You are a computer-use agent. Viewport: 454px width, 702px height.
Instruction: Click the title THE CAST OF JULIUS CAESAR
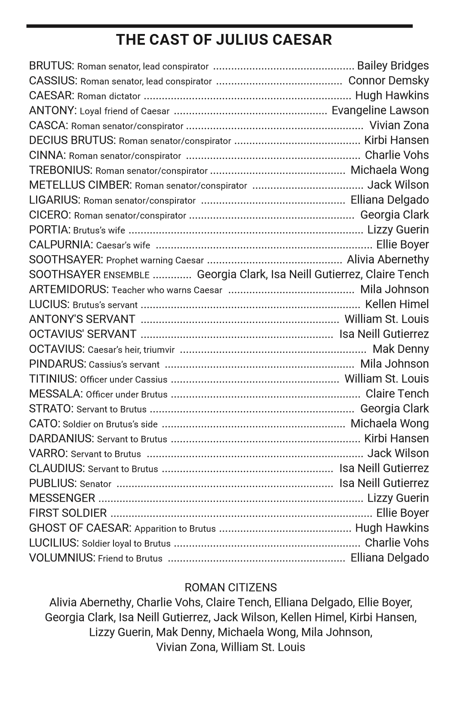pos(224,40)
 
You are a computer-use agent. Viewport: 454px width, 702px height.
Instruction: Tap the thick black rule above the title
pos(219,26)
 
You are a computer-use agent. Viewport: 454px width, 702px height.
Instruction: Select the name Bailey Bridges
pos(393,66)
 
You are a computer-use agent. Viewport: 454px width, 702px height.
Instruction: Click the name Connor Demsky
pos(388,81)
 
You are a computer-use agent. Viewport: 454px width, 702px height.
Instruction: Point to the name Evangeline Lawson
pos(380,111)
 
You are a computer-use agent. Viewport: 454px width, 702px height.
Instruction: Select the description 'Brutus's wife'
pos(99,231)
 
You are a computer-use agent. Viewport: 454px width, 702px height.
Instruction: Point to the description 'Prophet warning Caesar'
pos(155,260)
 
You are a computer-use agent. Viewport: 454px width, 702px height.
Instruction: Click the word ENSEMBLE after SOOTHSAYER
pos(126,275)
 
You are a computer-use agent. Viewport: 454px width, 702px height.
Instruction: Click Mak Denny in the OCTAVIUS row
pos(401,349)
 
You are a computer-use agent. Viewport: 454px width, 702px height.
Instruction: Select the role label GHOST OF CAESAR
pos(80,528)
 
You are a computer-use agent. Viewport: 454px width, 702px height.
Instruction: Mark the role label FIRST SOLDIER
pos(68,513)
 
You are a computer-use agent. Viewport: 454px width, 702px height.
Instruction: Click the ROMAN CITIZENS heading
pos(230,588)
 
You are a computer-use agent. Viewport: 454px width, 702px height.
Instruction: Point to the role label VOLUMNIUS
pos(62,558)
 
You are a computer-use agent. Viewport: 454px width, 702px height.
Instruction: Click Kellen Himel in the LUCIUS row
pos(397,304)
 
